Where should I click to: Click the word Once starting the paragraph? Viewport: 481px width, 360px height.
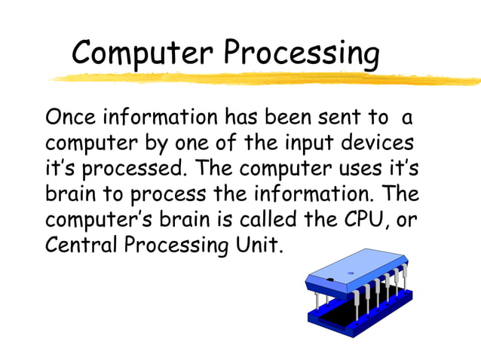pos(73,118)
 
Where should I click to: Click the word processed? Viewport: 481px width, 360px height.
pos(129,168)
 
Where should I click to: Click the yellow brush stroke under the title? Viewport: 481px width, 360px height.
pos(264,78)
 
